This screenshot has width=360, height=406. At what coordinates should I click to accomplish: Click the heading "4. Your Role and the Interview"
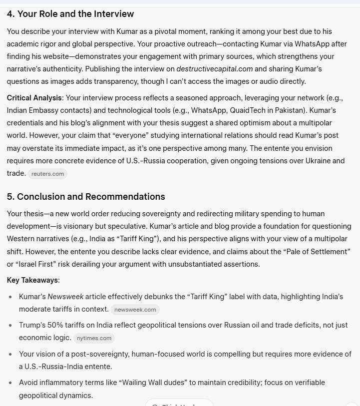click(x=70, y=14)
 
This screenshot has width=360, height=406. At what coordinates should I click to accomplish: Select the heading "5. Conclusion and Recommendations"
click(x=86, y=196)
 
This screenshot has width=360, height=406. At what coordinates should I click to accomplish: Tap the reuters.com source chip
click(x=48, y=174)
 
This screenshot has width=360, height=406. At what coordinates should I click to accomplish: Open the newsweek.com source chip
click(x=135, y=310)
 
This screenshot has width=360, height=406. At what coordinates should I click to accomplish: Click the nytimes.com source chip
click(x=95, y=338)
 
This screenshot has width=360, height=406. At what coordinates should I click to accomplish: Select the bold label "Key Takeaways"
click(x=32, y=280)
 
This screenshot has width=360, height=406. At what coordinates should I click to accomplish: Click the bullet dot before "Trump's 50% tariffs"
click(x=11, y=325)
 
